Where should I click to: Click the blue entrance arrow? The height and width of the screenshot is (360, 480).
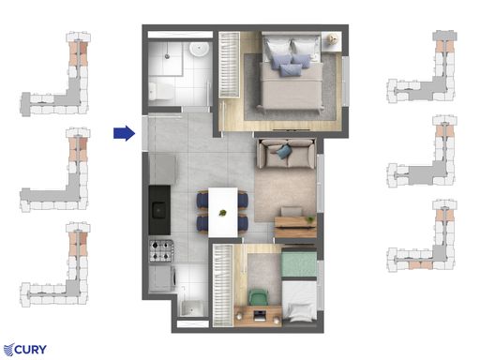(125, 133)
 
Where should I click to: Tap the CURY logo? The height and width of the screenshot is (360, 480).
(25, 350)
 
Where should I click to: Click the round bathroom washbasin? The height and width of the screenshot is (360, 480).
(199, 49)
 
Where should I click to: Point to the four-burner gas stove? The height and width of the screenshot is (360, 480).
(161, 250)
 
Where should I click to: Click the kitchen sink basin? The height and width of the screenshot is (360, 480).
(159, 210)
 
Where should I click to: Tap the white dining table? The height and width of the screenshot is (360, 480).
(223, 212)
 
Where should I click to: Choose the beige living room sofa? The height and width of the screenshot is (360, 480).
(286, 154)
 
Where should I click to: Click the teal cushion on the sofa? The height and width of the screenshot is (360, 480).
(284, 151)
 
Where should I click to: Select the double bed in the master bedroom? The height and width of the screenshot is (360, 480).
(291, 72)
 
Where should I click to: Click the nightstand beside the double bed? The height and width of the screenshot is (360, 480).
(331, 41)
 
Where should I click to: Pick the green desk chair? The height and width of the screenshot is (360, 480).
(259, 297)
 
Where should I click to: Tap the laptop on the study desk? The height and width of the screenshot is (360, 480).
(259, 315)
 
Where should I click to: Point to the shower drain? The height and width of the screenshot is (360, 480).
(168, 56)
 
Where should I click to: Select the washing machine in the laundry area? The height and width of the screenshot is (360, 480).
(162, 278)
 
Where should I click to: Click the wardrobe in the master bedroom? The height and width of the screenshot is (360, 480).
(229, 65)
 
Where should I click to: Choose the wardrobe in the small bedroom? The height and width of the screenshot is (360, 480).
(223, 286)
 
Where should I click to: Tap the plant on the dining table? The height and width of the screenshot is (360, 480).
(222, 214)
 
